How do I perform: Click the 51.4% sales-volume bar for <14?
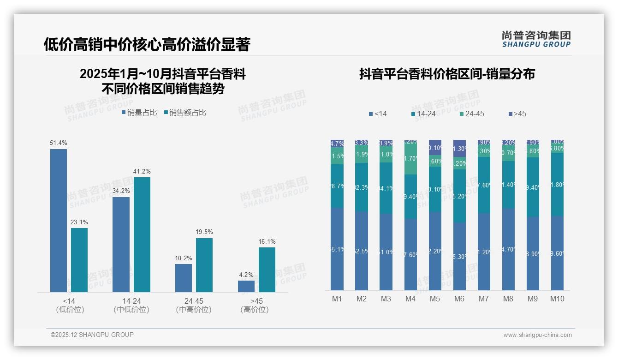click(x=59, y=221)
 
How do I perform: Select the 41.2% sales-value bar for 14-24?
click(x=142, y=234)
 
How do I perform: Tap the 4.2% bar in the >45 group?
click(x=246, y=286)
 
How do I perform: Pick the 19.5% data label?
click(x=204, y=232)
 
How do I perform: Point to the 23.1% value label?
click(x=79, y=222)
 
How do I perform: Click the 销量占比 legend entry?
click(x=139, y=113)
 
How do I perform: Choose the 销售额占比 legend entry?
click(x=185, y=113)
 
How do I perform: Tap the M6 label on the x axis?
click(x=459, y=299)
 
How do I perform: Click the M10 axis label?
click(x=557, y=299)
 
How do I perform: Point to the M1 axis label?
click(x=337, y=299)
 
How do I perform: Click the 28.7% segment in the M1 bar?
click(x=337, y=186)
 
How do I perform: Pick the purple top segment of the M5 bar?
click(x=435, y=148)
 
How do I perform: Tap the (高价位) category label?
click(x=255, y=310)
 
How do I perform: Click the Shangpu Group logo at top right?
click(x=536, y=39)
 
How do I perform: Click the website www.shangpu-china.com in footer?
click(x=537, y=335)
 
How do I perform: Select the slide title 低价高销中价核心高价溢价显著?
click(x=147, y=45)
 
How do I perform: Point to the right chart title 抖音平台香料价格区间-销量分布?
click(x=447, y=74)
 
